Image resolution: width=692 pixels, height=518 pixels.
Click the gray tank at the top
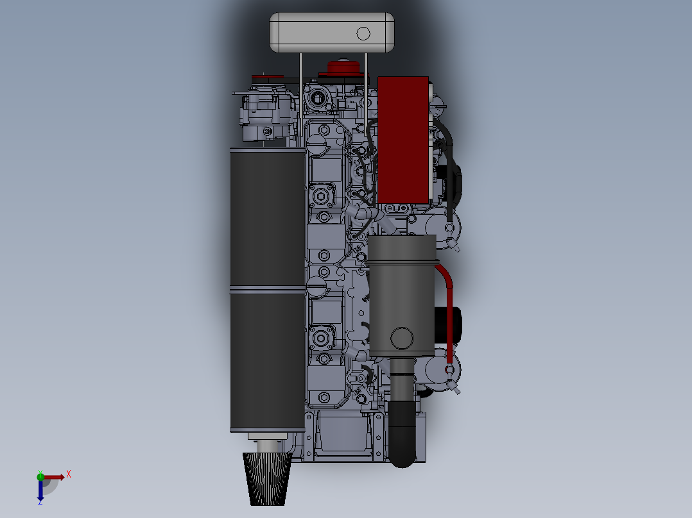(331, 32)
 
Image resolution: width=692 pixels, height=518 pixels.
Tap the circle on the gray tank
(363, 33)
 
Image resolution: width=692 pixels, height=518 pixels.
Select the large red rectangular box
(403, 140)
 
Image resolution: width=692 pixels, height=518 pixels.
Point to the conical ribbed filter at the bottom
(268, 479)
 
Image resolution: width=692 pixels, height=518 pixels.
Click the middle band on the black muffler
(268, 290)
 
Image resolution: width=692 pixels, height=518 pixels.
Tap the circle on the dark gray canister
(402, 338)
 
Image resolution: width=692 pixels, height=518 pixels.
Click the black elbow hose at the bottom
(402, 434)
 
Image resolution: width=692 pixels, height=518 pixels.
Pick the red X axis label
(69, 474)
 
